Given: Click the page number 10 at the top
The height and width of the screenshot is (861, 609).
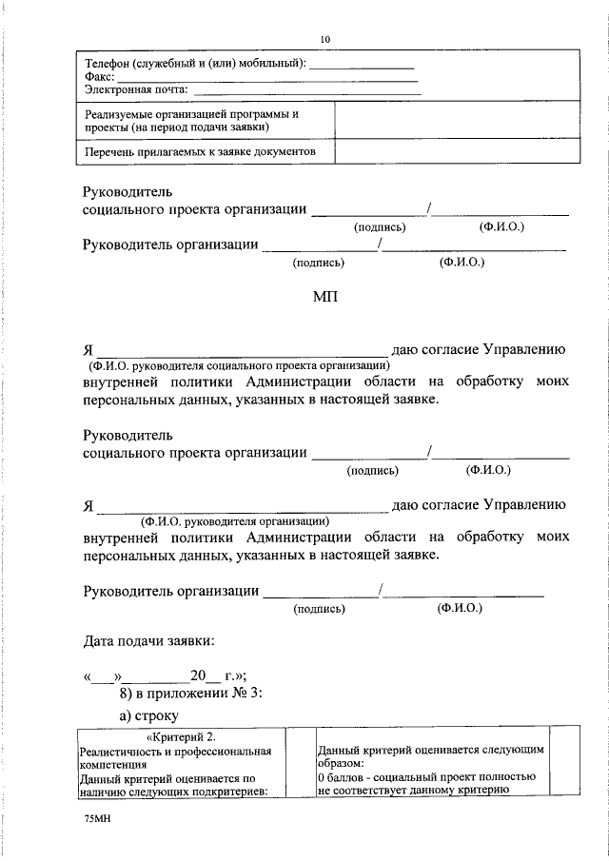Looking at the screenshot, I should pos(325,39).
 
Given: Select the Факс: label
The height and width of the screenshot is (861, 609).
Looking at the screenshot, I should pos(100,77).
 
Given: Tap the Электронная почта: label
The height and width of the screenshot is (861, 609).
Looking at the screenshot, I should pos(136,90).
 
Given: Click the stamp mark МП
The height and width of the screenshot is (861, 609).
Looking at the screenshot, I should pos(325,298).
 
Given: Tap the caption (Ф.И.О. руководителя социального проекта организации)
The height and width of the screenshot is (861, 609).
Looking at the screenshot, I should pos(239,364).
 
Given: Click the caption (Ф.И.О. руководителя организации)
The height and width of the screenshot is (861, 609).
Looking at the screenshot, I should pos(235,520).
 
